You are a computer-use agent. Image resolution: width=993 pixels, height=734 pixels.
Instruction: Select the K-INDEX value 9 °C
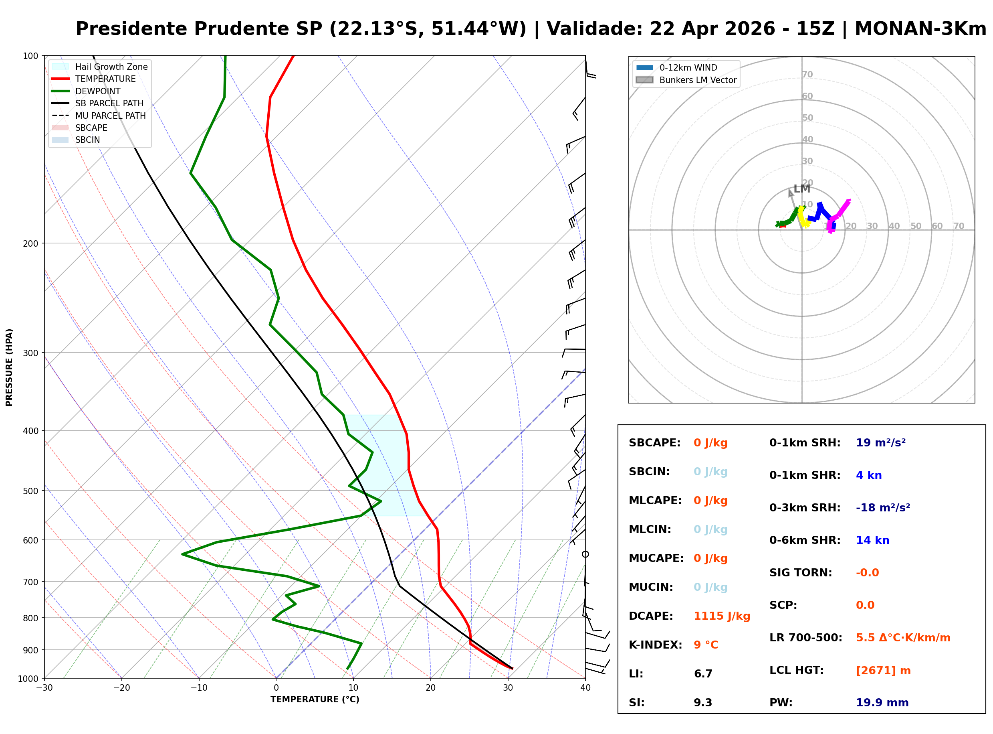click(706, 645)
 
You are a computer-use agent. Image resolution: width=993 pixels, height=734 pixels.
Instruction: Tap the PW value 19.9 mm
click(882, 703)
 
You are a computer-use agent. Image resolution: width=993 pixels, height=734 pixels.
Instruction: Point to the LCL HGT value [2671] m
click(883, 671)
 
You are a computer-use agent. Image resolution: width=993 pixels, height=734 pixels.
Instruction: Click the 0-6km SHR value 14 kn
click(873, 540)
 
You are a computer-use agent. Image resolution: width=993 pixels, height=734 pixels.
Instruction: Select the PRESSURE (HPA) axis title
click(9, 367)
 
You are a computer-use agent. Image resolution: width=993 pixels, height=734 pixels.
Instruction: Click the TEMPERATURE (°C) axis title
click(315, 700)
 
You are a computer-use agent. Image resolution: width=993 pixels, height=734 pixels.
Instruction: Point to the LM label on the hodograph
click(802, 189)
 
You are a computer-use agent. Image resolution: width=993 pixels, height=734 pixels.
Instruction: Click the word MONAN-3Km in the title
click(920, 29)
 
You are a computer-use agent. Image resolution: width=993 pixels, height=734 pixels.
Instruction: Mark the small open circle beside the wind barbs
click(585, 554)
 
